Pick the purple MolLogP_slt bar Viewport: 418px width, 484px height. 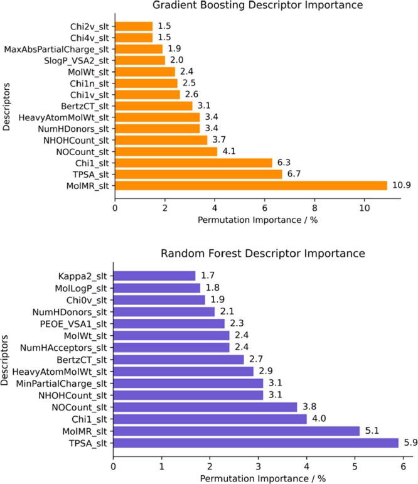(x=156, y=288)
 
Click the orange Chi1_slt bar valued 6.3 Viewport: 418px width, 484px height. (x=193, y=163)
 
